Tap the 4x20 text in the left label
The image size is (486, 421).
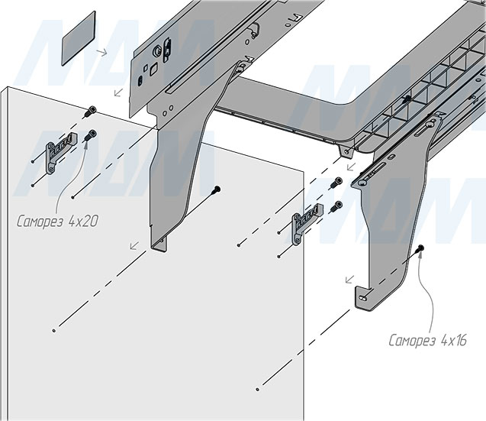pos(82,222)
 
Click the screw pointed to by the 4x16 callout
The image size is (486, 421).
pos(420,249)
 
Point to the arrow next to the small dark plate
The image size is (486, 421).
pos(101,53)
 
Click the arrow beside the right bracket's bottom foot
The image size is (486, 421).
pos(350,280)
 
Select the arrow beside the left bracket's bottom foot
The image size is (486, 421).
pos(134,246)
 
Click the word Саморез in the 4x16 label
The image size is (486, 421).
pos(412,339)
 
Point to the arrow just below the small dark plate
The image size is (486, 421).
pos(117,93)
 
